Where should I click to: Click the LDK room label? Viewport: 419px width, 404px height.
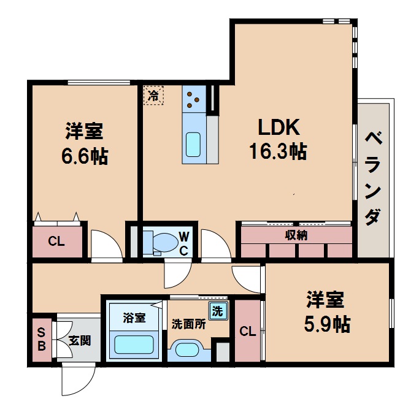[x=277, y=128]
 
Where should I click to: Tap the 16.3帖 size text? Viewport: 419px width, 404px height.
[x=277, y=151]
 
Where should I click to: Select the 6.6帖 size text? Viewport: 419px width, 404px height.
[x=84, y=156]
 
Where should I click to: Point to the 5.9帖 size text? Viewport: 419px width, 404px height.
[x=325, y=323]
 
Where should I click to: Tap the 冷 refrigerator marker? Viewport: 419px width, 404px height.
[x=154, y=96]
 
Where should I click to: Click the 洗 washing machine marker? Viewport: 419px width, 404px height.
[x=218, y=311]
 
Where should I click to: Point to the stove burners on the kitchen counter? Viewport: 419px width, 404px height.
[x=193, y=97]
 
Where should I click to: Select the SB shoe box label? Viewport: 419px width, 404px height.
[x=42, y=339]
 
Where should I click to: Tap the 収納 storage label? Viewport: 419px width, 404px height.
[x=296, y=235]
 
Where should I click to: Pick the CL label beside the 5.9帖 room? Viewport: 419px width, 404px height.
[x=247, y=332]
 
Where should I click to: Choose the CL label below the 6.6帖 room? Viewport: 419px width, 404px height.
[x=56, y=241]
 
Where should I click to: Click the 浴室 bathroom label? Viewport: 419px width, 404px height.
[x=134, y=318]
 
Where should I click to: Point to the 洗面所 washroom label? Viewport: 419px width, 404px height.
[x=189, y=324]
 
